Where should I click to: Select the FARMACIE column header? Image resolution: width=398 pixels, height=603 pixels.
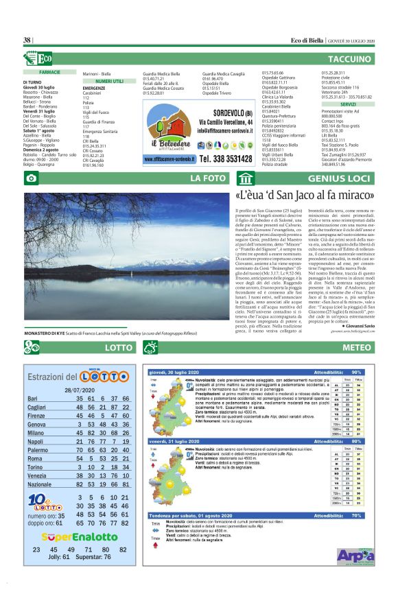[x=49, y=72]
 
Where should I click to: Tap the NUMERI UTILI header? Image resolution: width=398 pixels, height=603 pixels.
[x=109, y=81]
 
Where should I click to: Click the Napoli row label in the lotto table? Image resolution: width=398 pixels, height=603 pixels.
[x=36, y=442]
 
